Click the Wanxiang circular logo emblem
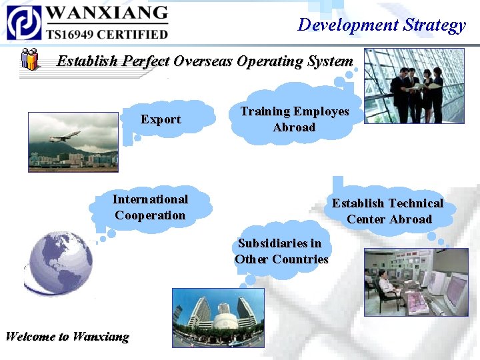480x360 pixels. click(x=24, y=23)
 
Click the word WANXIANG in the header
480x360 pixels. click(x=107, y=13)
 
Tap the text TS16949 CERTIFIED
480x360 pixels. click(x=107, y=33)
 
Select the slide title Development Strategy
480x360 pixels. click(x=381, y=25)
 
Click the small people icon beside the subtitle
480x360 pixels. click(x=30, y=59)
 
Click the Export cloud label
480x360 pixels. click(x=161, y=119)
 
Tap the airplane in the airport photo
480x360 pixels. click(x=65, y=137)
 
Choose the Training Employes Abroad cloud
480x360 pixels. click(x=294, y=119)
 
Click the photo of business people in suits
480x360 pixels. click(x=414, y=85)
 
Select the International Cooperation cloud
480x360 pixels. click(x=150, y=207)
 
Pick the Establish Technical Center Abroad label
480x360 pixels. click(x=388, y=211)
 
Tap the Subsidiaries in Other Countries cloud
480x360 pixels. click(x=281, y=251)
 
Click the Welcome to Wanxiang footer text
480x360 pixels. click(x=67, y=336)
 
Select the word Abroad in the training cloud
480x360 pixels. click(x=294, y=127)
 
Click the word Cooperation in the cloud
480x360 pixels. click(x=150, y=215)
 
